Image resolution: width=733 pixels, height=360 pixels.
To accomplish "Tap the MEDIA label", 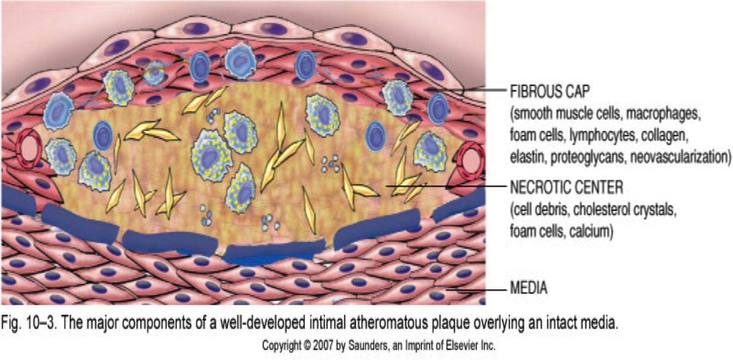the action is coord(529,288).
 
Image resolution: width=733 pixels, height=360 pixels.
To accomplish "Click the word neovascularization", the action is coord(667,156).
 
